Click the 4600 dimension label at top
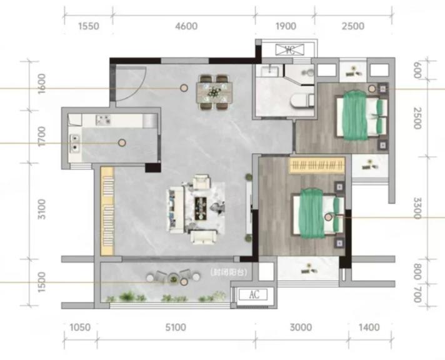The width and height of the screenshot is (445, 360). [x=186, y=26]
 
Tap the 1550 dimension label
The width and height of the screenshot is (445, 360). [x=89, y=26]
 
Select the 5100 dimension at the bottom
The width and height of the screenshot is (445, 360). [x=176, y=327]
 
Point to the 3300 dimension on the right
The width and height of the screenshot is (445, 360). [x=417, y=208]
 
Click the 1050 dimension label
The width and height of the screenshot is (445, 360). [x=80, y=327]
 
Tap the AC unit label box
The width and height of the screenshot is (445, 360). [x=253, y=295]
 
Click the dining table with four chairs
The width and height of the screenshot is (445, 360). [x=214, y=92]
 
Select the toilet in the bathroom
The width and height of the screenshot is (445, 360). [x=302, y=101]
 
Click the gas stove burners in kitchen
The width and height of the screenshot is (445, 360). [x=102, y=120]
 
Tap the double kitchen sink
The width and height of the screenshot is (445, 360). [x=74, y=143]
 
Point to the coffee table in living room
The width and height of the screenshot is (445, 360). [x=201, y=208]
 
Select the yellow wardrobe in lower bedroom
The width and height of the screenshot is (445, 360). [x=317, y=165]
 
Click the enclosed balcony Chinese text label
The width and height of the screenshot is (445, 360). [x=229, y=272]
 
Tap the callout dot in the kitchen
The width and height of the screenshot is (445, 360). [x=122, y=142]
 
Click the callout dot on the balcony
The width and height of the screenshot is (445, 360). [x=184, y=282]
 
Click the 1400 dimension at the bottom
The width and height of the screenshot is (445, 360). [x=369, y=327]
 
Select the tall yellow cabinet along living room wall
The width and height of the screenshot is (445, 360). [x=107, y=211]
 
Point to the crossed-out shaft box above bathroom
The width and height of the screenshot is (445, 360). [x=290, y=49]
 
